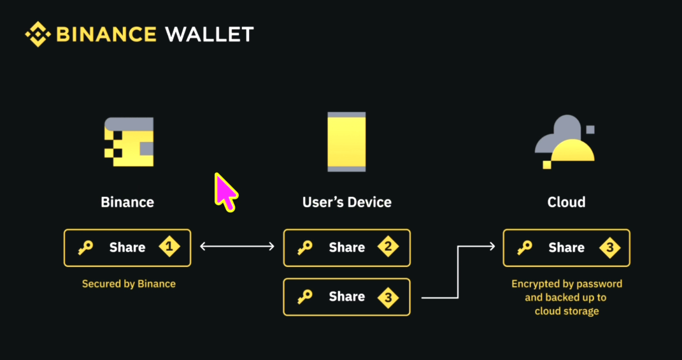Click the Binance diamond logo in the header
[x=38, y=34]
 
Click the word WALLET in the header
[x=210, y=34]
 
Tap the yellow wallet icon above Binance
[x=129, y=141]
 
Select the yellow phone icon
[x=346, y=142]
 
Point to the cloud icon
[x=565, y=142]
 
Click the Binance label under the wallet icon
[x=127, y=202]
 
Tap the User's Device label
[x=346, y=202]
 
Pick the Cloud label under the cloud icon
[x=566, y=202]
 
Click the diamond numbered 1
[x=169, y=247]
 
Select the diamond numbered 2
[x=388, y=247]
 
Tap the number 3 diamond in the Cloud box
[x=610, y=247]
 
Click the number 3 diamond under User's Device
[x=388, y=298]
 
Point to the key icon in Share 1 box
[x=85, y=248]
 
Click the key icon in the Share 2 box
[x=305, y=248]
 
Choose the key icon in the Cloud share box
[x=525, y=248]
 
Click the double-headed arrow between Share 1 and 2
[x=237, y=247]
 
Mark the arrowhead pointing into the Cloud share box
[x=492, y=247]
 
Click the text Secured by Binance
[x=129, y=284]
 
